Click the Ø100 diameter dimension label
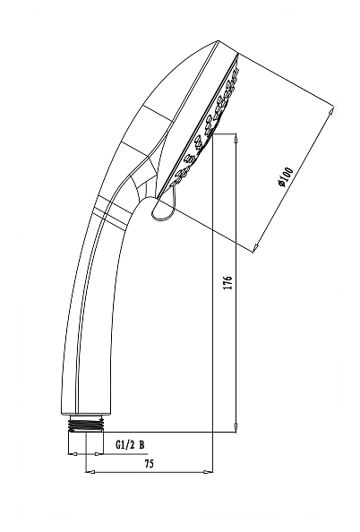coord(285,176)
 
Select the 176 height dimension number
coord(228,283)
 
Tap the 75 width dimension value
coord(149,464)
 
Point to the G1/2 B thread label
coord(131,444)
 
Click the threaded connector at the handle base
coord(86,425)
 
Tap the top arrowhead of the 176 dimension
coord(236,137)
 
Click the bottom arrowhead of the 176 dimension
coord(236,428)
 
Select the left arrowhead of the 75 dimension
coord(90,472)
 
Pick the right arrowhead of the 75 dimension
coord(209,472)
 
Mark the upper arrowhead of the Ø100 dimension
coord(331,112)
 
